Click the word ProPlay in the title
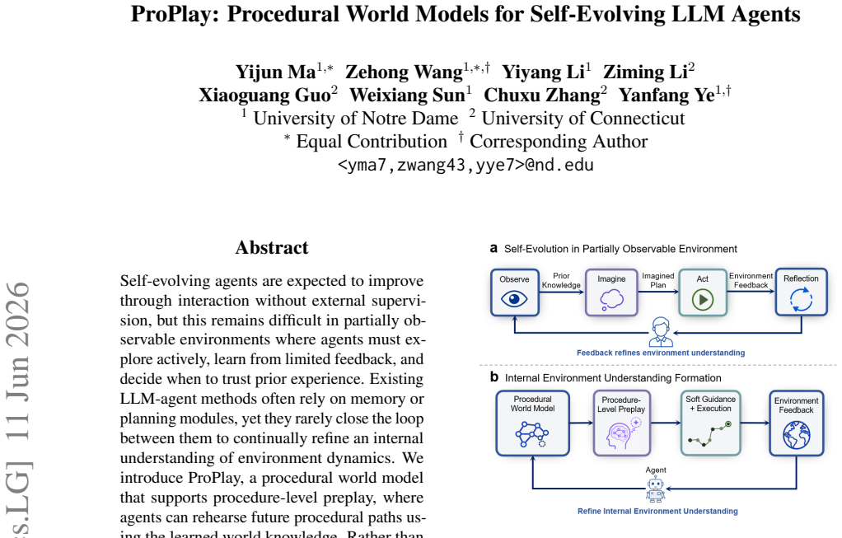[175, 14]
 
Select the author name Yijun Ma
[275, 72]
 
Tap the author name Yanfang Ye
[667, 95]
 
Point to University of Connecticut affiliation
[583, 118]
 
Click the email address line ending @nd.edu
[465, 164]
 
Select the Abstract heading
[272, 247]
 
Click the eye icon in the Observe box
[514, 299]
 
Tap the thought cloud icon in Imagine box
[611, 300]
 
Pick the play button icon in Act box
[703, 300]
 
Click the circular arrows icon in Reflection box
[801, 300]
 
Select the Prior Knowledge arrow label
[561, 280]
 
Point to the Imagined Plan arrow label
[657, 280]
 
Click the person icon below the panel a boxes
[661, 331]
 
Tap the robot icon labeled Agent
[656, 489]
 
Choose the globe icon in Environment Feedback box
[797, 435]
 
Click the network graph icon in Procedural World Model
[531, 434]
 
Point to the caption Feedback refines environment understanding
[661, 353]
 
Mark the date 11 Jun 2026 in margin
[18, 362]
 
